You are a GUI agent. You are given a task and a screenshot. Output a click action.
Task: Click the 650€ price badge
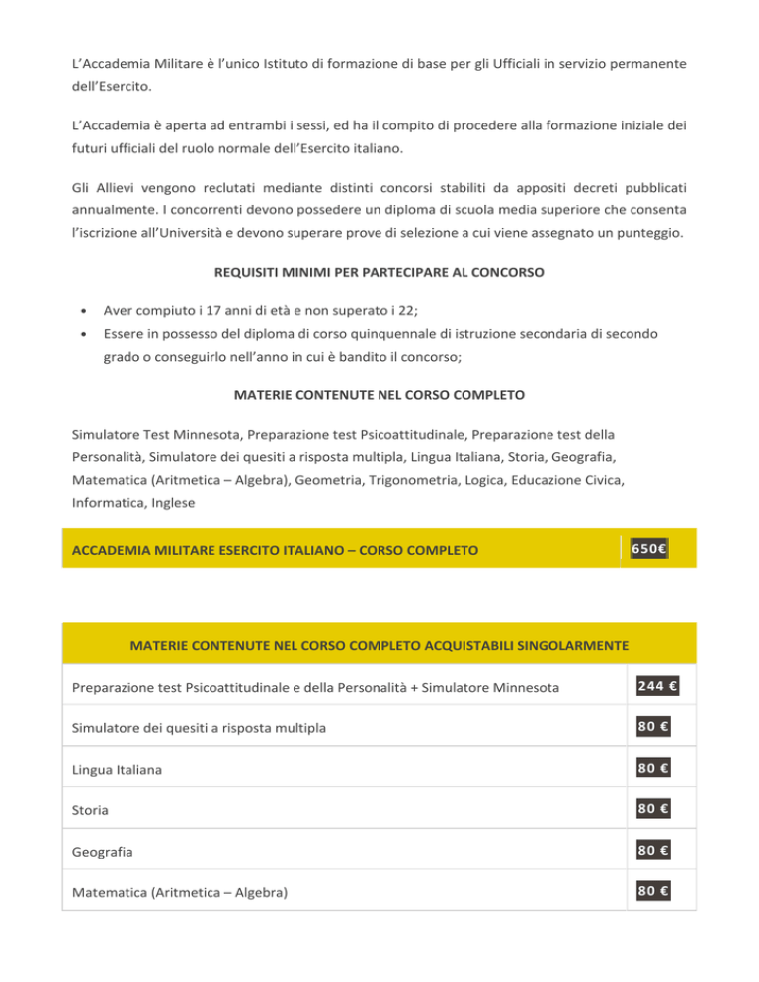pyautogui.click(x=649, y=546)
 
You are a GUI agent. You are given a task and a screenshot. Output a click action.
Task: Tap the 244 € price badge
pyautogui.click(x=650, y=685)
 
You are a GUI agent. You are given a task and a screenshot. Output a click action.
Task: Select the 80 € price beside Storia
pyautogui.click(x=650, y=810)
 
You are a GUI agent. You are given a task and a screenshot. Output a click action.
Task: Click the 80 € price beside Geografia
pyautogui.click(x=650, y=852)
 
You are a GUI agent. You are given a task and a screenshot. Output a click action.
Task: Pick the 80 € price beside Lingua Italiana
pyautogui.click(x=650, y=769)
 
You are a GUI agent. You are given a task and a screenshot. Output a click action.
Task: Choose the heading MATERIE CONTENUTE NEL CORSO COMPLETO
pyautogui.click(x=379, y=396)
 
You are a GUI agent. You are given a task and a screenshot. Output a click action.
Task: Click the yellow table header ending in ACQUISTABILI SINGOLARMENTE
pyautogui.click(x=379, y=646)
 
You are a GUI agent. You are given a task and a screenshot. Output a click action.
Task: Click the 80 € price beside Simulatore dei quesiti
pyautogui.click(x=650, y=727)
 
